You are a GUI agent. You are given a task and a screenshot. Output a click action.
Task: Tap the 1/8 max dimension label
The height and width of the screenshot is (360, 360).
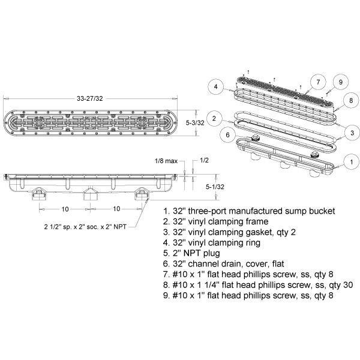(x=166, y=161)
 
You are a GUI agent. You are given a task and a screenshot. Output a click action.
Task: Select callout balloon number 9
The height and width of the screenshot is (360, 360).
(x=340, y=82)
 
